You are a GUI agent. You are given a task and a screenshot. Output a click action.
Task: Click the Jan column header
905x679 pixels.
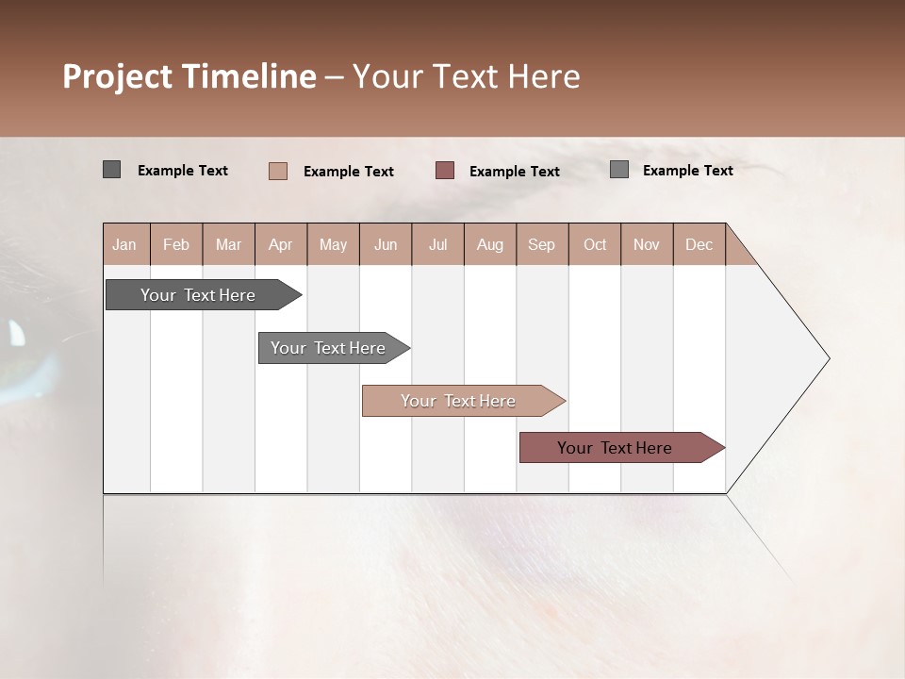pos(124,244)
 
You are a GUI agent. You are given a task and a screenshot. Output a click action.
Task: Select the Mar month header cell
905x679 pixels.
pos(228,244)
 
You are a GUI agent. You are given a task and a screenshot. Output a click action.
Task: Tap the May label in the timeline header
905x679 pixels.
pos(333,244)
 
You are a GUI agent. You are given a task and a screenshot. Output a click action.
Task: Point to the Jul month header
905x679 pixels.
pos(437,244)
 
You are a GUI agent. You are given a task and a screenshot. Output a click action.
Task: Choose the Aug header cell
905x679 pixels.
pos(489,244)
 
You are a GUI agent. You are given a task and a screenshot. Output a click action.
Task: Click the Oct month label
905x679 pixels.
pos(595,244)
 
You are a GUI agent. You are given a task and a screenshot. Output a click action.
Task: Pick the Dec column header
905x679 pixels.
pos(699,244)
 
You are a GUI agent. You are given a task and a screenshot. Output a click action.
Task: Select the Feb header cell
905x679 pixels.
pos(176,244)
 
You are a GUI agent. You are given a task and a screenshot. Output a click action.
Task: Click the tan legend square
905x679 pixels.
pos(277,171)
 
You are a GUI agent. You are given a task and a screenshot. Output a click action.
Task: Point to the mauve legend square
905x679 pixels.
pos(445,171)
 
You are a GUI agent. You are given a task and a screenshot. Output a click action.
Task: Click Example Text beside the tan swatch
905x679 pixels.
pos(348,172)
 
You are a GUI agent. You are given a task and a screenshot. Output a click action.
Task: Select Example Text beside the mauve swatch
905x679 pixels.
pos(514,172)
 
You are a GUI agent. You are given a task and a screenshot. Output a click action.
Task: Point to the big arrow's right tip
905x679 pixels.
pos(827,358)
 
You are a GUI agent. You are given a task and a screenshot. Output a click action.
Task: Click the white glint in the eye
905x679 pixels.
pos(17,333)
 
